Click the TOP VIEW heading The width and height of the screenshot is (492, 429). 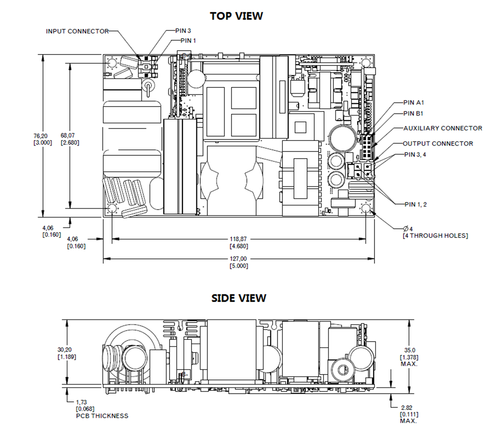pos(236,16)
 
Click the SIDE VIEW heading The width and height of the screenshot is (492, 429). pos(239,298)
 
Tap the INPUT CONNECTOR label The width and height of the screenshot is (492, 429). pos(77,32)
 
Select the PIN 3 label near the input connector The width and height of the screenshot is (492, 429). pos(183,31)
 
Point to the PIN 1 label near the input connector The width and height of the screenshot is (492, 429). pos(188,41)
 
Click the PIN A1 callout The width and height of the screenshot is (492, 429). pos(414,103)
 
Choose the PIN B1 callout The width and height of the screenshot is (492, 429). pos(413,113)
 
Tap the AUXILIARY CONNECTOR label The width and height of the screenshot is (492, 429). pos(443,128)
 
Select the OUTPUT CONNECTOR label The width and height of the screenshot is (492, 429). pos(438,143)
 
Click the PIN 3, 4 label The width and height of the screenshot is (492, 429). pos(415,154)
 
